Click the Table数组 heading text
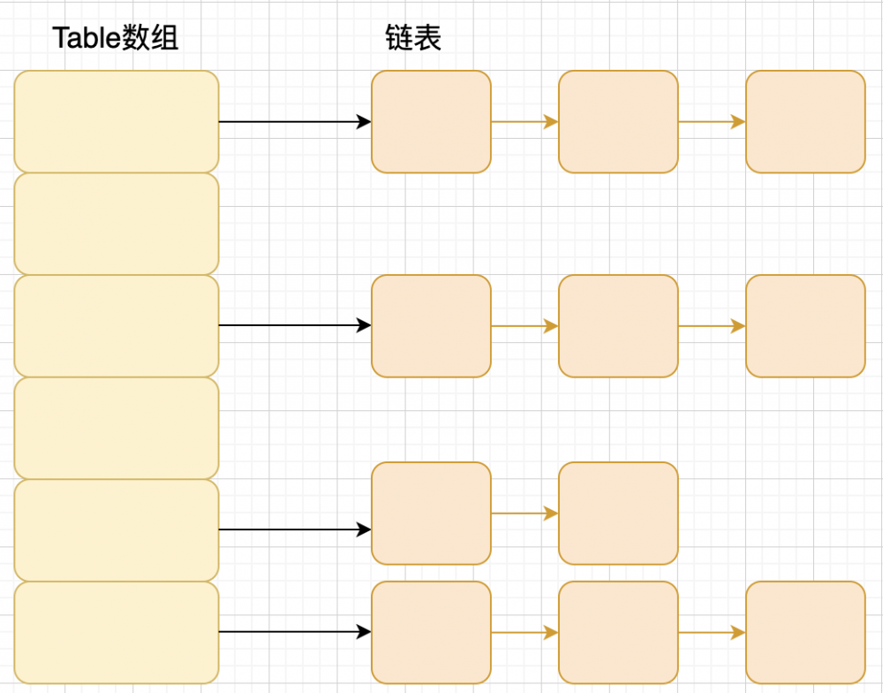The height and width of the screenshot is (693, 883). [x=116, y=38]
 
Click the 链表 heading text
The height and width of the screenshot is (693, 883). [x=413, y=38]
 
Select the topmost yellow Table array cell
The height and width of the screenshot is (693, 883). [x=117, y=122]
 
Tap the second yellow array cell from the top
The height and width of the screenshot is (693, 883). [x=117, y=224]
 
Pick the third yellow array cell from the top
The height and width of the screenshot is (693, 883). [x=117, y=326]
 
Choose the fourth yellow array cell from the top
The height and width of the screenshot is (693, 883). [x=117, y=429]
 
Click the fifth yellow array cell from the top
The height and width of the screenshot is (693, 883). [x=117, y=530]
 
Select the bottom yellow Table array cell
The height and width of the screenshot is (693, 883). [x=117, y=632]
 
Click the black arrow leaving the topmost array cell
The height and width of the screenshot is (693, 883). [x=294, y=122]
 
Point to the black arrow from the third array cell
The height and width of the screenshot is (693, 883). [x=294, y=326]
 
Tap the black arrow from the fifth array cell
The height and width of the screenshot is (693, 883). [x=294, y=530]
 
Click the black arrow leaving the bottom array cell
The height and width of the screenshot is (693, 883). [x=294, y=632]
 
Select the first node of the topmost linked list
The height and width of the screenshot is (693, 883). [x=431, y=122]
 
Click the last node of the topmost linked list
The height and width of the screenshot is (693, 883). [x=805, y=122]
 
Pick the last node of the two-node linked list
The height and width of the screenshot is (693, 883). [x=618, y=514]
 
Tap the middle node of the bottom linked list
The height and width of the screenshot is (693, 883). [x=618, y=632]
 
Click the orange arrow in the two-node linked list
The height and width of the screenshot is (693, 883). [x=525, y=514]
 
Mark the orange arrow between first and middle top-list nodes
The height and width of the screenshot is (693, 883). [x=525, y=122]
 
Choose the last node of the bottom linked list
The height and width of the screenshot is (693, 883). [x=805, y=632]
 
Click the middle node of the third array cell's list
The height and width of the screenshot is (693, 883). [x=618, y=326]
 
